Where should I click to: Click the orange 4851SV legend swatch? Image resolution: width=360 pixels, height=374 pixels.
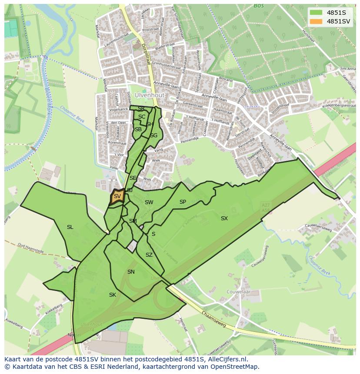point(316,21)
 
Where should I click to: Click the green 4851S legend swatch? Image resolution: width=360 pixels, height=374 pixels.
point(316,13)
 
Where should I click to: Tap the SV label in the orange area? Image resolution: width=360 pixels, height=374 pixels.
point(117,196)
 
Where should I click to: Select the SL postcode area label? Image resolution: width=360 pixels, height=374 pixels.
point(70,227)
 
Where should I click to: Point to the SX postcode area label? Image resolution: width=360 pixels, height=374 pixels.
point(224,218)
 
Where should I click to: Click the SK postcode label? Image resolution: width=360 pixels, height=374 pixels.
point(113,295)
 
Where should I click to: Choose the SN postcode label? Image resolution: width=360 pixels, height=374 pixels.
point(131,272)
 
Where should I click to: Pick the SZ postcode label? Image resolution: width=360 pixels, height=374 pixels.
point(149,255)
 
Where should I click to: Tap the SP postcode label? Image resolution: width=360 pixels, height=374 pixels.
point(183,202)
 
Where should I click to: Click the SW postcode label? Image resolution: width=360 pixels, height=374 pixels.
point(149,202)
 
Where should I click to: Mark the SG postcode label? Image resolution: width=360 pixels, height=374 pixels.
point(153,136)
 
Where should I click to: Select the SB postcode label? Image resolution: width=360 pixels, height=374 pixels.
point(138,129)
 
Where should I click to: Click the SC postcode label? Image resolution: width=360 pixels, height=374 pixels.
point(142,117)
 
